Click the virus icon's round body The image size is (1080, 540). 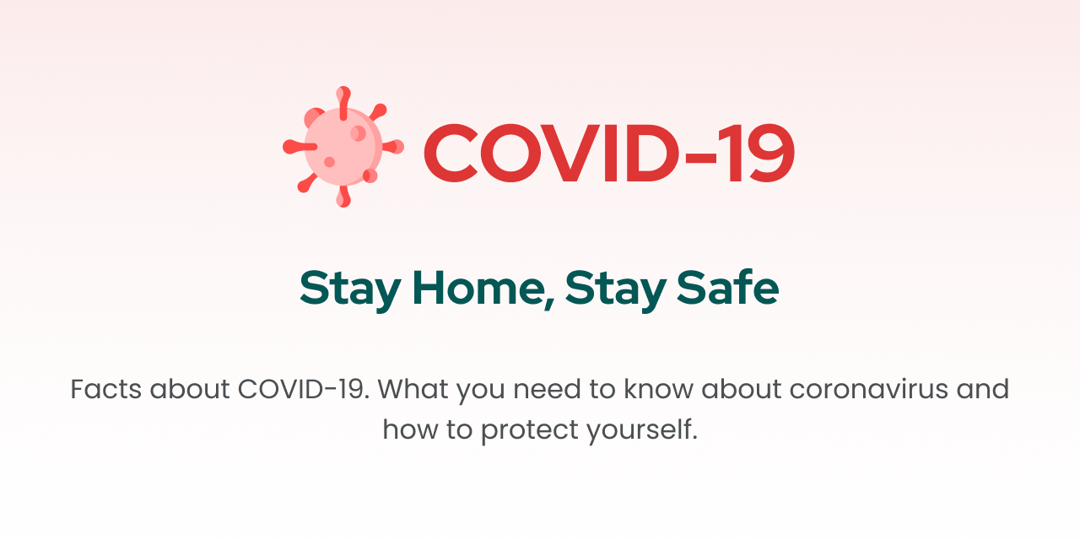click(x=343, y=147)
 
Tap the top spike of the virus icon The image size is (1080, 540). click(x=343, y=103)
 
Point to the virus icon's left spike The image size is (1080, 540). click(x=300, y=147)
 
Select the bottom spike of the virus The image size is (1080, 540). click(x=343, y=197)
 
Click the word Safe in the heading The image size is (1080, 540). click(x=727, y=288)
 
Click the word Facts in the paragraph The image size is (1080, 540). click(x=106, y=389)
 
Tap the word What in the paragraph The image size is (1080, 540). click(x=413, y=389)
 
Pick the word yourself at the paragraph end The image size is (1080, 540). click(x=642, y=430)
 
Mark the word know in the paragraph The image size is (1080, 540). click(x=659, y=389)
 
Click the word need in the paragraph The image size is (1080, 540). click(x=547, y=389)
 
